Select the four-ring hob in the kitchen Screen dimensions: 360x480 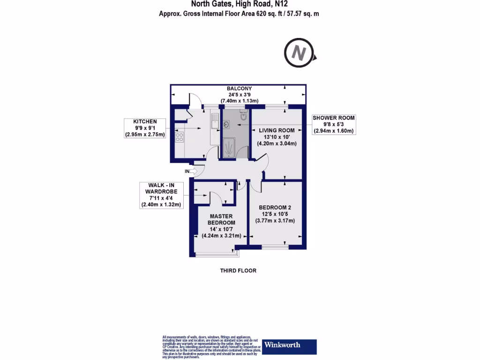click(x=179, y=137)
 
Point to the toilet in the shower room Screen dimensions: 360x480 click(x=243, y=115)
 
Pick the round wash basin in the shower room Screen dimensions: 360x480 click(x=227, y=125)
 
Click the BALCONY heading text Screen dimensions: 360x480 click(x=240, y=89)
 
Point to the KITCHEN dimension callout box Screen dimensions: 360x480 click(x=145, y=128)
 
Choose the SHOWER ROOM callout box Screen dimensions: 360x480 click(x=334, y=124)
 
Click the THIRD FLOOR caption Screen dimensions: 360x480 click(x=238, y=271)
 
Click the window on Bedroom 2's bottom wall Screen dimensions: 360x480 click(x=275, y=247)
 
